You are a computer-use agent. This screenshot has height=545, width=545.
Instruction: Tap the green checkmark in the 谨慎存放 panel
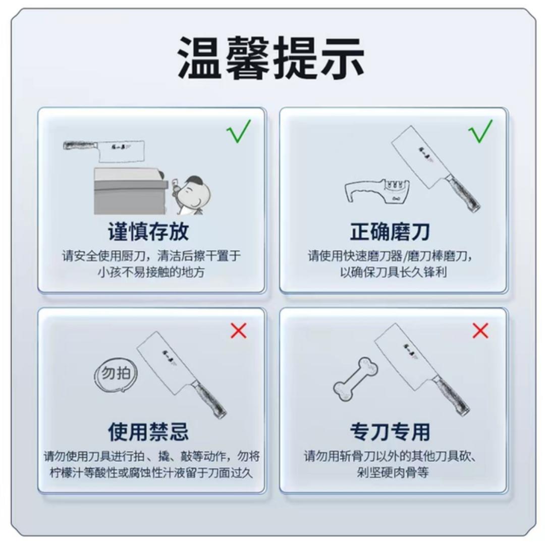[239, 131]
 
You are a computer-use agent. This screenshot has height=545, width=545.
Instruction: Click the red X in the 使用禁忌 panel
[238, 331]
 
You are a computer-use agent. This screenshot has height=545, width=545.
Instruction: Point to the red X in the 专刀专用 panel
[480, 331]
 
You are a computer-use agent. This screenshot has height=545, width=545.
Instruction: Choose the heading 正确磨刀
[390, 232]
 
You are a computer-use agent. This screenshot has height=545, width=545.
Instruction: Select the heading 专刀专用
[390, 432]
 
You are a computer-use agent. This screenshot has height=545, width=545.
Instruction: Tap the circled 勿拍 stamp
[116, 375]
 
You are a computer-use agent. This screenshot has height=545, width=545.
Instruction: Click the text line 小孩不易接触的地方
[151, 272]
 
